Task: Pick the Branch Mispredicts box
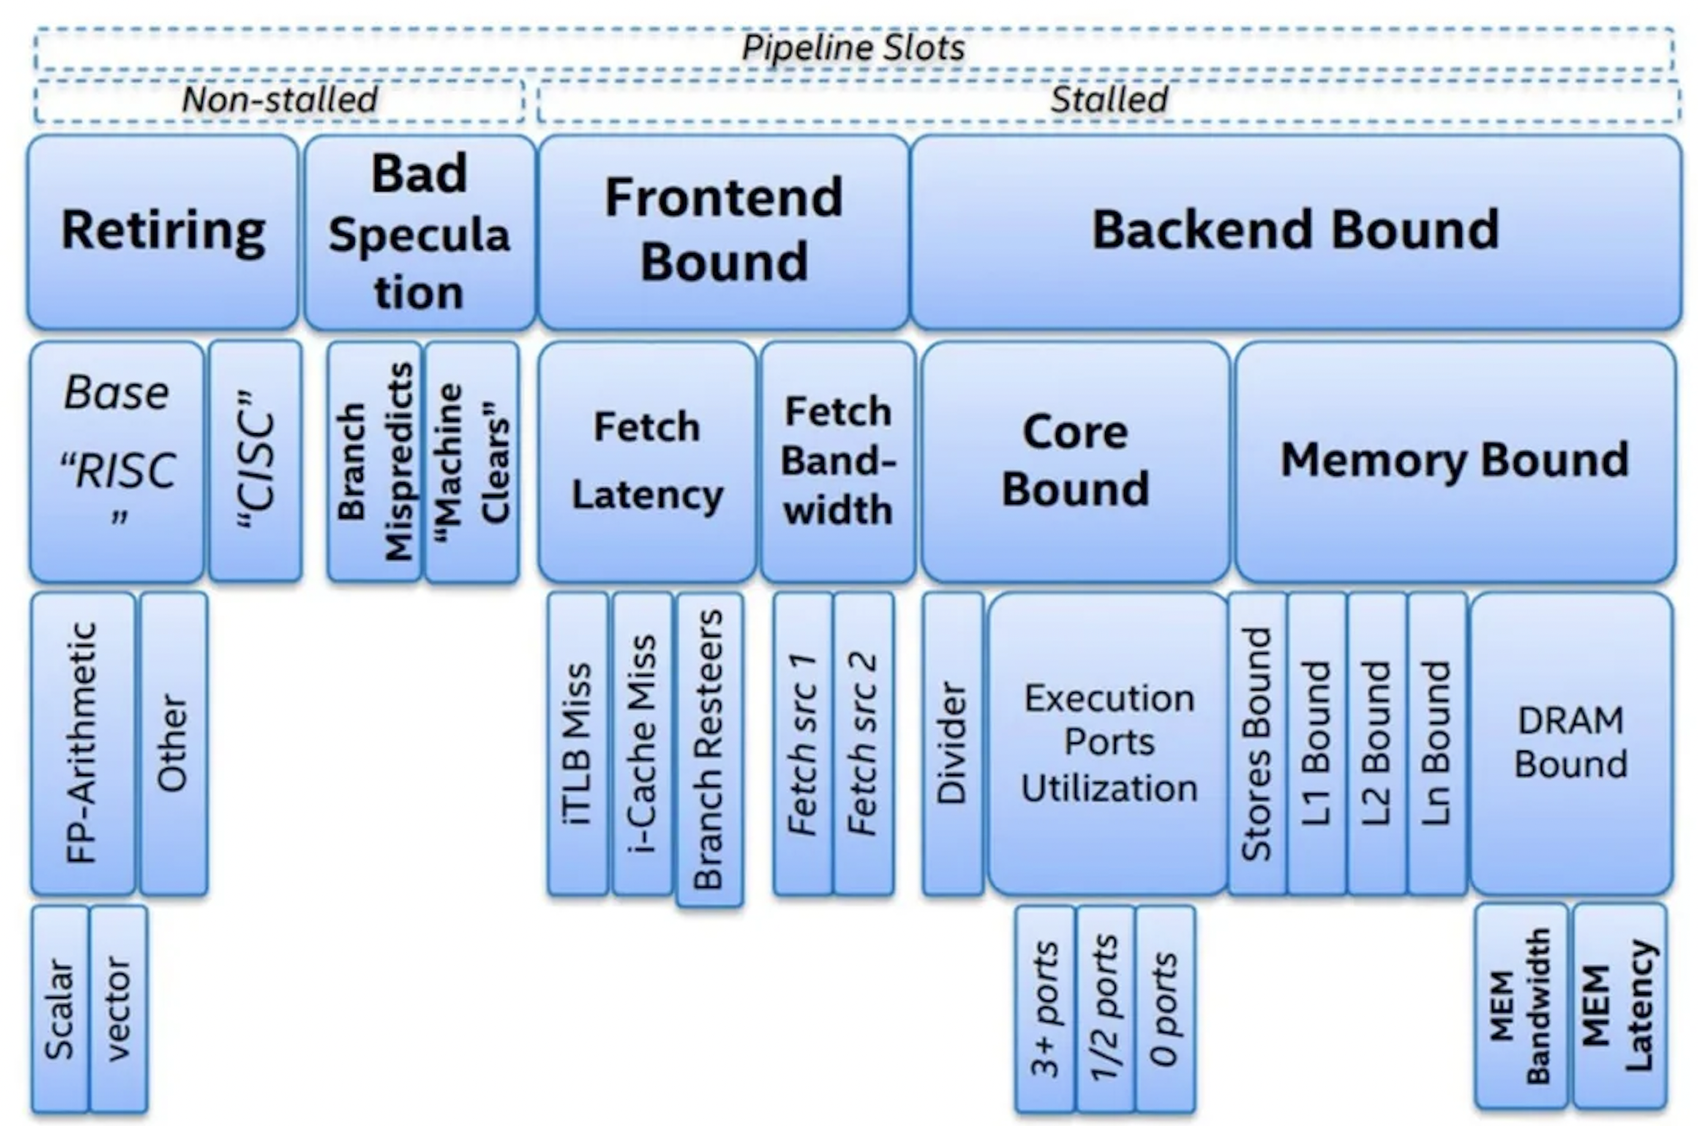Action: (x=374, y=461)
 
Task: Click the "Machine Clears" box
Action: (x=471, y=461)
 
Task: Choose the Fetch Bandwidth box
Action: (x=838, y=461)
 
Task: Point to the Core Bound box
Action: (x=1075, y=461)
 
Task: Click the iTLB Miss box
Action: (x=578, y=743)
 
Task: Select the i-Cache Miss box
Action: (x=643, y=743)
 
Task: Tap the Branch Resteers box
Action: (x=710, y=749)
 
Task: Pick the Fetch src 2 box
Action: (x=865, y=743)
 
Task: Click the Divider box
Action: (x=953, y=743)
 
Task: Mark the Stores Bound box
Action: (x=1257, y=743)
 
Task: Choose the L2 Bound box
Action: (x=1377, y=743)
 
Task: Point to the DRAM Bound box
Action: (x=1572, y=743)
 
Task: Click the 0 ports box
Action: (x=1166, y=1008)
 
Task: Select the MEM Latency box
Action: (x=1620, y=1005)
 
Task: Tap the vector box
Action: (x=119, y=1008)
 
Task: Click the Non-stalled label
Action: (x=280, y=99)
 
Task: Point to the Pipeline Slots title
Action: (x=853, y=48)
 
